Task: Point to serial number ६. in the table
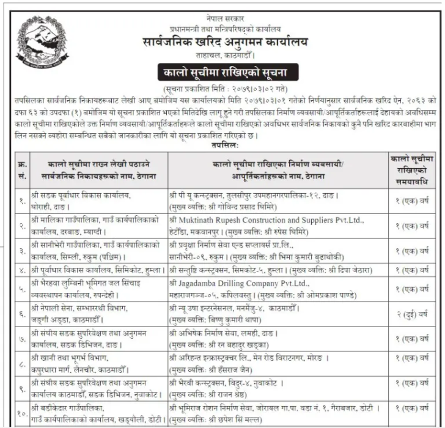click(23, 314)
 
